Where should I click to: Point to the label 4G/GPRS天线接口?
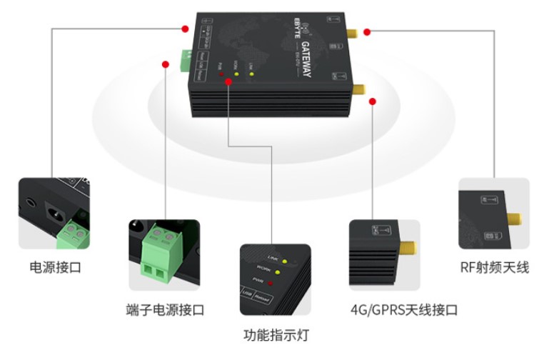click(x=403, y=310)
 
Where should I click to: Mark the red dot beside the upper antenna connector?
click(x=366, y=32)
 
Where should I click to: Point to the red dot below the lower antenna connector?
click(x=372, y=103)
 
